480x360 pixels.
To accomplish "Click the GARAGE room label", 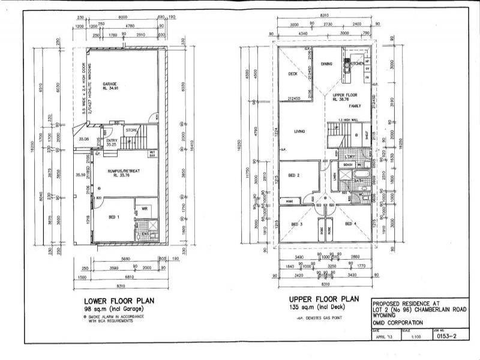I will (109, 83).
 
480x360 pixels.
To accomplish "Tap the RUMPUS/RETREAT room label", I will (124, 171).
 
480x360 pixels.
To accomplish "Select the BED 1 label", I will (114, 217).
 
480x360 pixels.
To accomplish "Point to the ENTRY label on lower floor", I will (112, 141).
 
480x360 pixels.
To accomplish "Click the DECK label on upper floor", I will (293, 74).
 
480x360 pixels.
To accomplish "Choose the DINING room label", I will (326, 64).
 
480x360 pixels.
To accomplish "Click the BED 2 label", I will (294, 175).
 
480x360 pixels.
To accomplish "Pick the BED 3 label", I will (297, 224).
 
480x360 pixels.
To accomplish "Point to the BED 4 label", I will (351, 224).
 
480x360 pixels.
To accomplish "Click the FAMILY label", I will (356, 106).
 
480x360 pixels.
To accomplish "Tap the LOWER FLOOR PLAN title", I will (119, 300).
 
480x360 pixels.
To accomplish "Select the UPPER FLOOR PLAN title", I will (324, 298).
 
